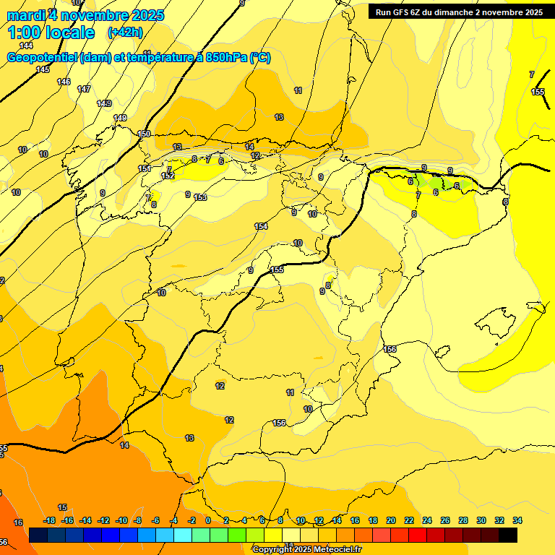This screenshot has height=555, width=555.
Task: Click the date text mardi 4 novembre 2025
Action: (85, 15)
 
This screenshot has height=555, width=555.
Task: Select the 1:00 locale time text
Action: (51, 33)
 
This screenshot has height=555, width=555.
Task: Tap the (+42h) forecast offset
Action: (125, 33)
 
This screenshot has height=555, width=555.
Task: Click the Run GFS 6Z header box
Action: (459, 12)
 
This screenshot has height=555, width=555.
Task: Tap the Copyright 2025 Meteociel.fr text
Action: (306, 549)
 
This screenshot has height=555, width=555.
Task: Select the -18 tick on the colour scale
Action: (49, 521)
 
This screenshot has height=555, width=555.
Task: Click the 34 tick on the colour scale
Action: (517, 521)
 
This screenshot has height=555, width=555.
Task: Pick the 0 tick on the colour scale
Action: (208, 521)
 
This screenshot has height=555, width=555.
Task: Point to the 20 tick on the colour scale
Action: (391, 521)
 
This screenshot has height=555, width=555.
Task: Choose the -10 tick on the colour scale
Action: (121, 521)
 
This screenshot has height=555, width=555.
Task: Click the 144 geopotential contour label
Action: (26, 46)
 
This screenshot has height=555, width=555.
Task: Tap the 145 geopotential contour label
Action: (43, 69)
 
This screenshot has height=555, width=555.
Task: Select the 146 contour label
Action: (64, 82)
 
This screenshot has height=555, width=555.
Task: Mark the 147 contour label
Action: (84, 89)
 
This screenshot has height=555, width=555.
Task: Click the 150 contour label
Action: (145, 134)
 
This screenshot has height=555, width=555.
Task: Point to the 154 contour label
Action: (261, 226)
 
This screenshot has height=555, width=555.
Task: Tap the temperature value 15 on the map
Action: (62, 508)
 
